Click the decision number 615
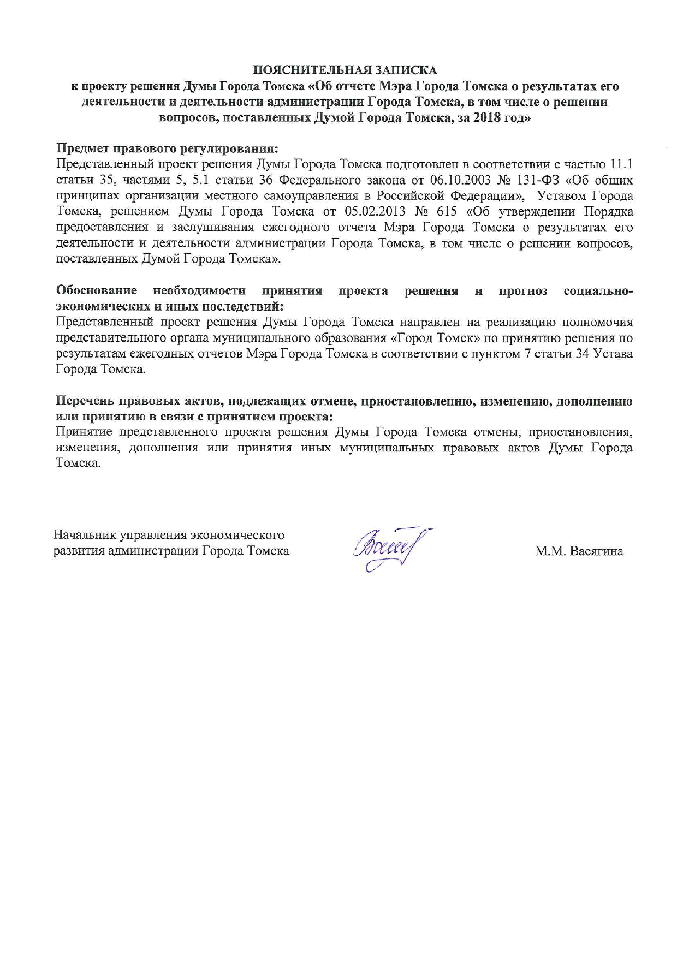pyautogui.click(x=447, y=212)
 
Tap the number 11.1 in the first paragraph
pyautogui.click(x=621, y=164)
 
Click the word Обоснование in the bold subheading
pyautogui.click(x=97, y=291)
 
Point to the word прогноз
pyautogui.click(x=522, y=291)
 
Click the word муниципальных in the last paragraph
pyautogui.click(x=387, y=448)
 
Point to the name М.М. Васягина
pyautogui.click(x=579, y=551)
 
